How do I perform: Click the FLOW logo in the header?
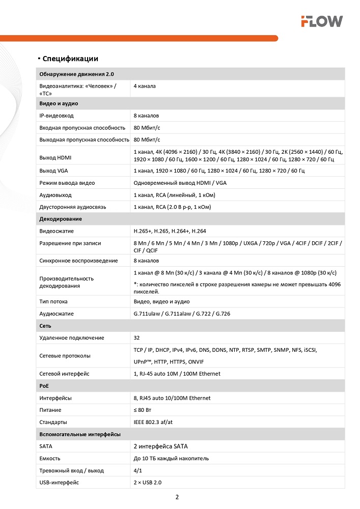(321, 21)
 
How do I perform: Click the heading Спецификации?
(70, 59)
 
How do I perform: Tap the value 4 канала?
(145, 86)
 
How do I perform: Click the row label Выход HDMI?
(56, 156)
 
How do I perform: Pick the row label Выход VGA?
(53, 171)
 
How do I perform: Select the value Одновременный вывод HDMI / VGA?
(180, 183)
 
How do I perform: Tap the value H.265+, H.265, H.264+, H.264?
(170, 231)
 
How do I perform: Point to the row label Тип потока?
(53, 302)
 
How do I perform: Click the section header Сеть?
(45, 326)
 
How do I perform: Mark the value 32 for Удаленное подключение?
(136, 337)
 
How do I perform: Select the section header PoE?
(44, 386)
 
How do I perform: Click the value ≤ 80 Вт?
(142, 410)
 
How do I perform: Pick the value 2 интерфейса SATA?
(160, 446)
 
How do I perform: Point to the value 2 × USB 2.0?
(148, 482)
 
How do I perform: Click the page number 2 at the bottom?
(177, 497)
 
